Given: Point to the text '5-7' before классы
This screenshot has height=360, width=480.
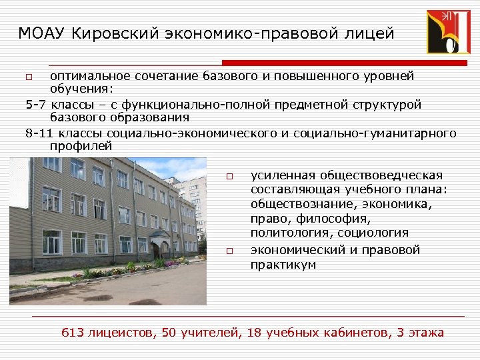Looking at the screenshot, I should [x=35, y=105].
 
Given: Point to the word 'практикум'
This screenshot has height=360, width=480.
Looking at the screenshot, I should [x=283, y=265].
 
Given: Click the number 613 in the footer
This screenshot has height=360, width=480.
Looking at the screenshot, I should [x=72, y=332].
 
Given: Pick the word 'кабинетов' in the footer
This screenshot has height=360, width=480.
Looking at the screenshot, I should [x=350, y=332].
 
